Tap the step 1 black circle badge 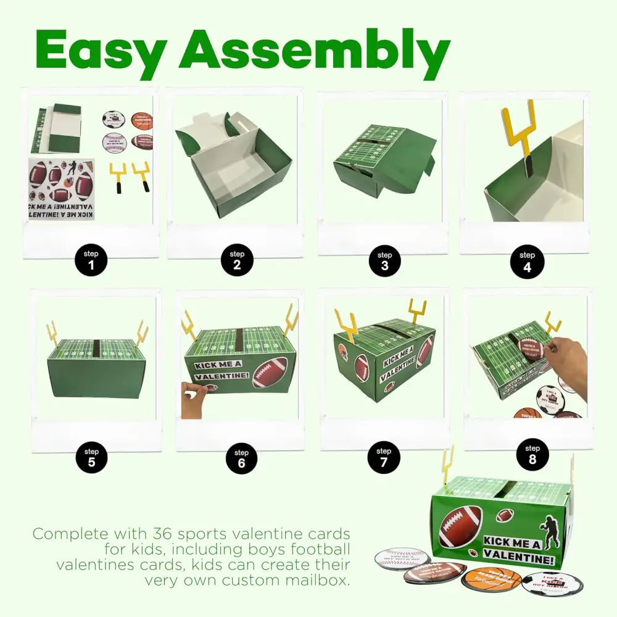90,261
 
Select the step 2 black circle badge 237,261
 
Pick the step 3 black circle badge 384,262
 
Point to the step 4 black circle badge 527,262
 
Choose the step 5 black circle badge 91,459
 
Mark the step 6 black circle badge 241,460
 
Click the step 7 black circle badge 383,458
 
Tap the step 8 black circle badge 531,455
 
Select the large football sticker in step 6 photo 269,372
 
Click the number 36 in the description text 215,534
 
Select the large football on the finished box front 460,526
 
